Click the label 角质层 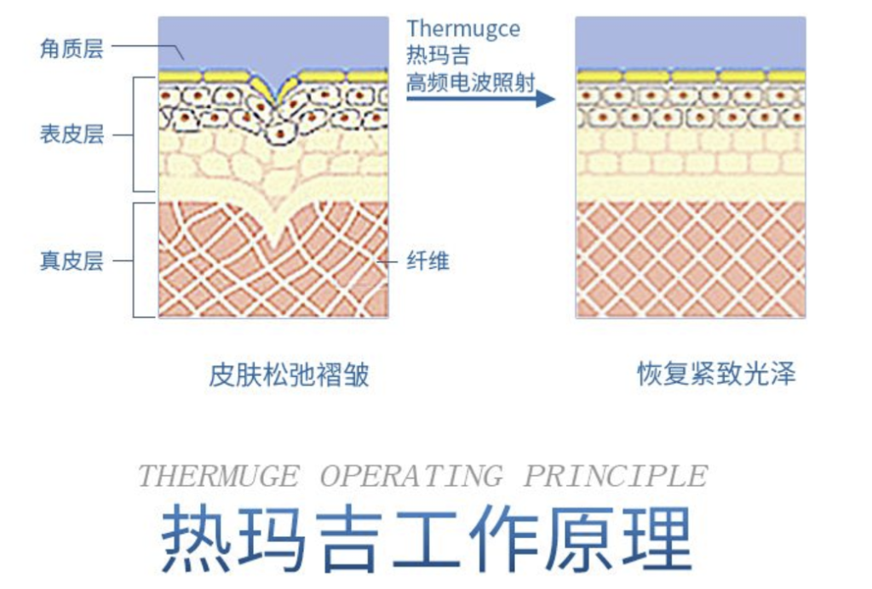click(x=72, y=49)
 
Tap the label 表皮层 click(x=72, y=134)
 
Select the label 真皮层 click(x=72, y=260)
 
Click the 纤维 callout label click(x=428, y=260)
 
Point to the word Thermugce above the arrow click(x=463, y=29)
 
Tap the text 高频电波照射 click(x=470, y=83)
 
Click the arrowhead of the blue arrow click(x=545, y=99)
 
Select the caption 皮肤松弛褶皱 click(x=289, y=375)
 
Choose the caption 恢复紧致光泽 click(x=716, y=375)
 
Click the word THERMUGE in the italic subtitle click(x=219, y=476)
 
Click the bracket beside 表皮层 click(x=136, y=134)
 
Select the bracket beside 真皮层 click(x=136, y=260)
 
